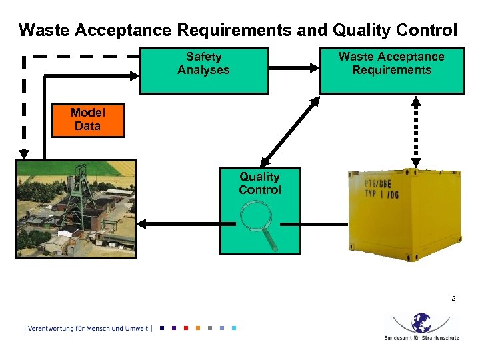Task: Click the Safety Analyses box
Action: coord(203,70)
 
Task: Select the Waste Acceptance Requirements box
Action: coord(391,70)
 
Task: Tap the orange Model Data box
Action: coord(87,121)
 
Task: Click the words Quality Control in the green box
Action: coord(259,183)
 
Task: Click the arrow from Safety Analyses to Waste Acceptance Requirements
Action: coord(293,67)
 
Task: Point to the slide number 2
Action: coord(453,298)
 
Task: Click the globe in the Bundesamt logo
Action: coord(421,323)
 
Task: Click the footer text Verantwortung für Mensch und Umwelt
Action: coord(87,328)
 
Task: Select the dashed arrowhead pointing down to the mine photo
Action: coord(24,153)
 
